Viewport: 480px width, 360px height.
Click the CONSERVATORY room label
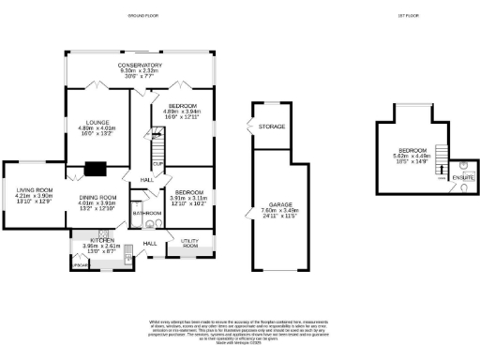coord(142,64)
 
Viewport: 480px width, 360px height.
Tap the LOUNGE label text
coord(98,122)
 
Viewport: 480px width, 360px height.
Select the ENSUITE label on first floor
coord(462,176)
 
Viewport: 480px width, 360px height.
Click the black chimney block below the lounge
coord(96,170)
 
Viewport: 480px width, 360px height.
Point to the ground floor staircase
coord(157,146)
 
